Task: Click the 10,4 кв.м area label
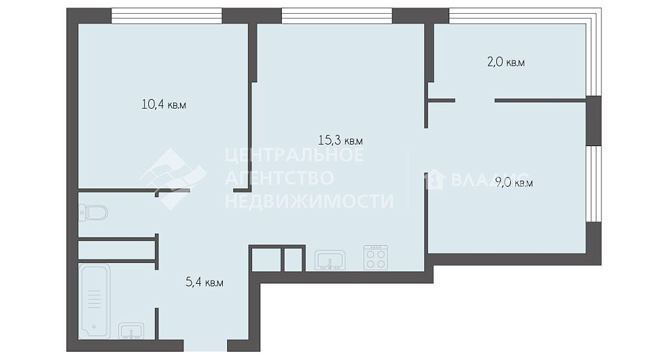(163, 105)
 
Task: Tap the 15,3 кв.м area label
(341, 140)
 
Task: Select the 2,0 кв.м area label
(506, 62)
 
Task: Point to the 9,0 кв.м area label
(514, 183)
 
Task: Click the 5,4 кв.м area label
(204, 282)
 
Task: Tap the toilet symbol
(93, 213)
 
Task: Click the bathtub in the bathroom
(95, 301)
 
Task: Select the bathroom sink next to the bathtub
(132, 331)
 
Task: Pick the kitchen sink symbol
(330, 260)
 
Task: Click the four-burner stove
(376, 258)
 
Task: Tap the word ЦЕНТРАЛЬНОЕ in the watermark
(294, 154)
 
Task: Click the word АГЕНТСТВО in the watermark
(279, 178)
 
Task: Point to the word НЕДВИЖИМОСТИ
(309, 201)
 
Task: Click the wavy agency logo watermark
(173, 179)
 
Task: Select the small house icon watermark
(435, 179)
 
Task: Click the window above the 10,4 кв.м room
(167, 16)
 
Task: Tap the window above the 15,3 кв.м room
(336, 16)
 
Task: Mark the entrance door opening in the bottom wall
(206, 345)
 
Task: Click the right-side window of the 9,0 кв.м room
(593, 184)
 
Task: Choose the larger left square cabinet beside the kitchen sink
(266, 260)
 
